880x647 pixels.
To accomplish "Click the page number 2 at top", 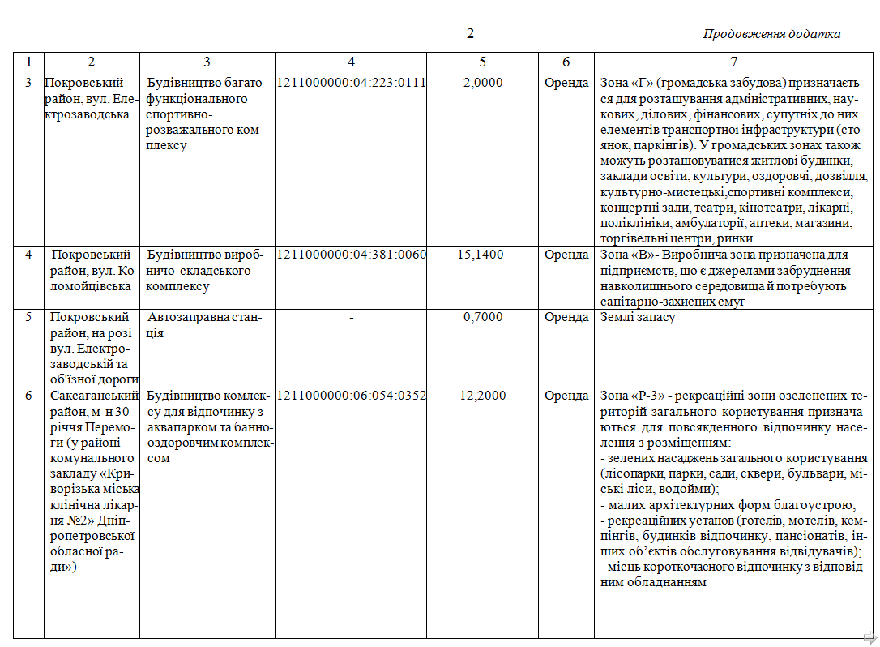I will pos(470,33).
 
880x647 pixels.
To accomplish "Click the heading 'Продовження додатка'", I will pos(771,34).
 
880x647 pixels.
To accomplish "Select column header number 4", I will pos(351,62).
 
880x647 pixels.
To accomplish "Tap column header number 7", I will pos(734,62).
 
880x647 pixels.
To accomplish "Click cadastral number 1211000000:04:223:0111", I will pos(351,83).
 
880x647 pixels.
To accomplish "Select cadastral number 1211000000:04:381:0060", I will pos(351,255).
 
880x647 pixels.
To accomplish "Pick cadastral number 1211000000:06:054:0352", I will pos(351,396).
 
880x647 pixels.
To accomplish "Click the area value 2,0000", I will pos(483,83).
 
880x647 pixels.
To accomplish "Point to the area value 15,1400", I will pos(481,255).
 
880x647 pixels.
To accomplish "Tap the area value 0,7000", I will pos(483,318).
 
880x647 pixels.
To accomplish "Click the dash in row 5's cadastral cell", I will pos(351,318).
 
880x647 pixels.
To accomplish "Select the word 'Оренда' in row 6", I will pos(566,396).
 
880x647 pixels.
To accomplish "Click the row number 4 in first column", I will pos(28,255).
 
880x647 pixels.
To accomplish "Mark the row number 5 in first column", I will pos(28,318).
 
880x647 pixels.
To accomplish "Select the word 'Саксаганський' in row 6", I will pos(89,396).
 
